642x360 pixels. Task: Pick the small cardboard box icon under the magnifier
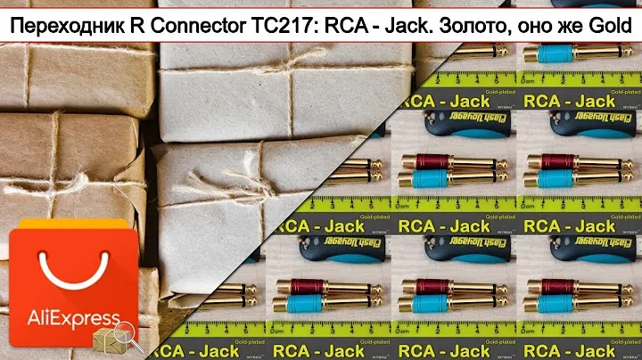click(107, 338)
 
